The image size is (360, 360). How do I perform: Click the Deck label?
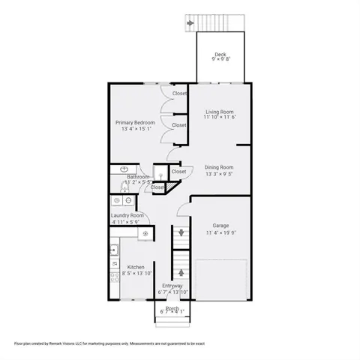[220, 54]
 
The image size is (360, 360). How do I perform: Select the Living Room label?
[220, 112]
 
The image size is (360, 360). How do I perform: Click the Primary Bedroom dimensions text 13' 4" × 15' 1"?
[135, 128]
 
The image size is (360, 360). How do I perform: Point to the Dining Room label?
[220, 167]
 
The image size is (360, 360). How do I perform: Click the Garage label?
[220, 225]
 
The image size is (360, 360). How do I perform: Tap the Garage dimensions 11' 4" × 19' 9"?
[220, 232]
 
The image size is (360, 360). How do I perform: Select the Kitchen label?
[136, 267]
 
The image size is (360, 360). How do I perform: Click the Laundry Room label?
[127, 215]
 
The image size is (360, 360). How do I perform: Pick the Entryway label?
[172, 285]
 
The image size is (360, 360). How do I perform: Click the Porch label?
[172, 307]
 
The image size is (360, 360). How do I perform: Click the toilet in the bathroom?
[159, 170]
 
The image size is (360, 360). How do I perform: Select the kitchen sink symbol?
[114, 249]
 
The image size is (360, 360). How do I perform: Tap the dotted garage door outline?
[222, 279]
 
